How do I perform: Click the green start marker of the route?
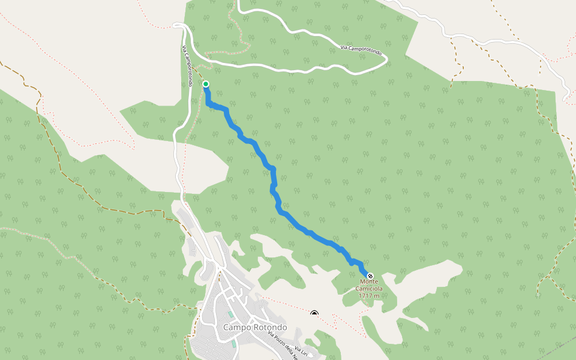[x=206, y=84]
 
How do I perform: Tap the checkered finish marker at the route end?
[x=370, y=276]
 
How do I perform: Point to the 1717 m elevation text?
[x=369, y=295]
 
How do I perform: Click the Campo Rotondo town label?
[x=254, y=328]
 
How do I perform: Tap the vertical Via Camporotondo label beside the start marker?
[x=188, y=67]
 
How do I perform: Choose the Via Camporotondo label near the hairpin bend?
[x=361, y=50]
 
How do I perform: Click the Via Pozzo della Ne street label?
[x=283, y=345]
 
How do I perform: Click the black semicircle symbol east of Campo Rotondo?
[x=314, y=313]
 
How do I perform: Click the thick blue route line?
[x=273, y=180]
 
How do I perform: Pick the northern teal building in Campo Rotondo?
[x=231, y=314]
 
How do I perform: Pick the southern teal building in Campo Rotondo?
[x=233, y=344]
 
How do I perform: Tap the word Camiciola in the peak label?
[x=371, y=288]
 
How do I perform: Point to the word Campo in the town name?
[x=236, y=328]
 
